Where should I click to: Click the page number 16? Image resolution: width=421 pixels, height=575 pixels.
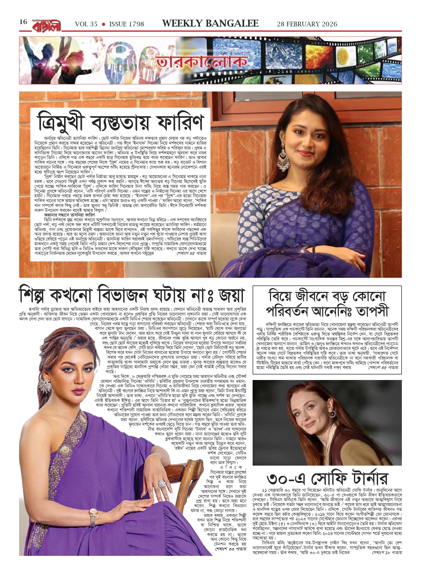pyautogui.click(x=23, y=22)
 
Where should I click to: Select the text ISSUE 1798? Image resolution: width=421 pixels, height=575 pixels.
pyautogui.click(x=127, y=24)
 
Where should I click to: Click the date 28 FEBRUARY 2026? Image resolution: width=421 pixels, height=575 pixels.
pyautogui.click(x=307, y=24)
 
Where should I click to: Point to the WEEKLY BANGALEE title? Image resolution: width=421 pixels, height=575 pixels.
pyautogui.click(x=210, y=24)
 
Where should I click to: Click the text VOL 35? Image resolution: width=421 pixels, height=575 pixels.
pyautogui.click(x=86, y=24)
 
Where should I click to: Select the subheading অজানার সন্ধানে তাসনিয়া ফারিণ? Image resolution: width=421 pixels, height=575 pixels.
pyautogui.click(x=70, y=215)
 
